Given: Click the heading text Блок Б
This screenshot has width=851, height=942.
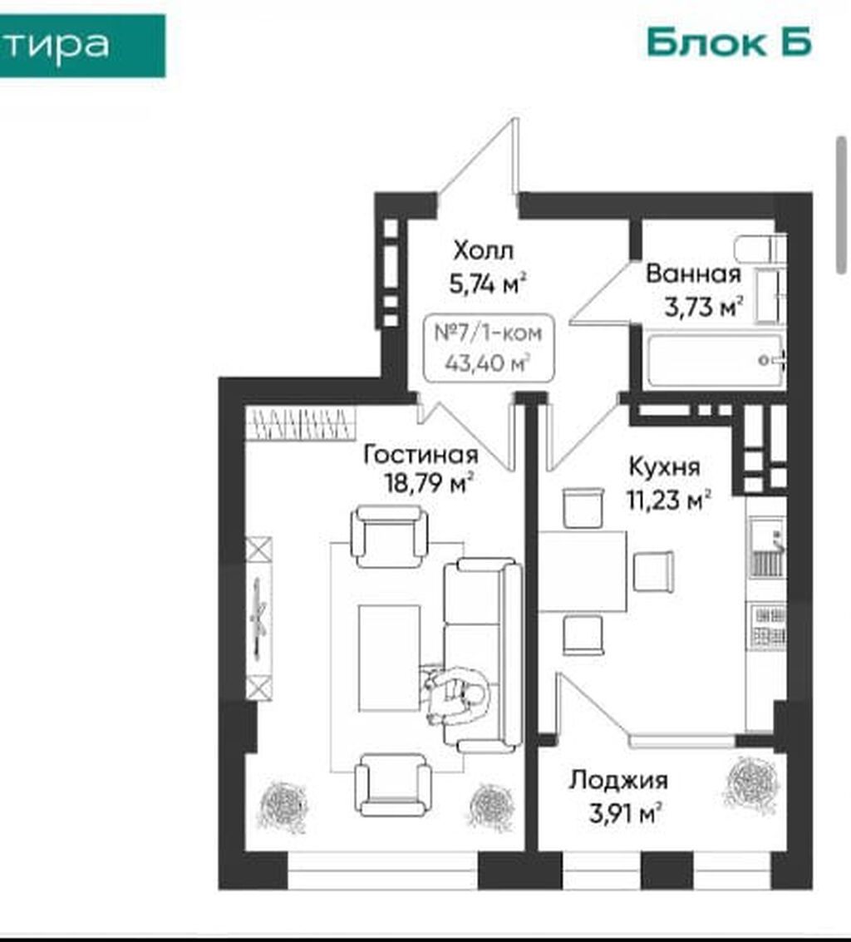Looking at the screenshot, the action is pos(729,42).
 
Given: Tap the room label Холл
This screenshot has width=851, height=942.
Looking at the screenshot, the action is pos(484,250).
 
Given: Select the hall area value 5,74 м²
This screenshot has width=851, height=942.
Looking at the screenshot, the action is pos(488,283).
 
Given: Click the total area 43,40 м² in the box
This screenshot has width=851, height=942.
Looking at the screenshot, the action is pos(488,362).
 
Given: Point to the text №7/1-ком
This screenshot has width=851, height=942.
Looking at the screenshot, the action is pos(488,333).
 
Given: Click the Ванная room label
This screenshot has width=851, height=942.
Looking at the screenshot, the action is pos(693,274).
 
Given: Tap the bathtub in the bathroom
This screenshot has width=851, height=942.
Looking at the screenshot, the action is pos(716,361).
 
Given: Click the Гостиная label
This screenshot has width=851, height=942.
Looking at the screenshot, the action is pos(421,456).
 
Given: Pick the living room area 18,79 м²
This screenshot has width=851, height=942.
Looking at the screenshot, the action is pos(429,482).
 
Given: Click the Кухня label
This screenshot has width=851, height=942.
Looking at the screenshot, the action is pos(664,466).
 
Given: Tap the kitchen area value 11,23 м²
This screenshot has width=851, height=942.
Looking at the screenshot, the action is pos(669,500).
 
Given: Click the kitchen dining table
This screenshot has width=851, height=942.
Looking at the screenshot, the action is pos(583,571).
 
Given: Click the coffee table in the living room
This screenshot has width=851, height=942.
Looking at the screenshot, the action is pos(389,658).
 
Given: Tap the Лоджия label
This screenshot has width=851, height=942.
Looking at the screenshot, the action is pos(618,781).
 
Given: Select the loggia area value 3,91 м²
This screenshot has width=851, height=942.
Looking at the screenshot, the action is pos(625,814).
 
